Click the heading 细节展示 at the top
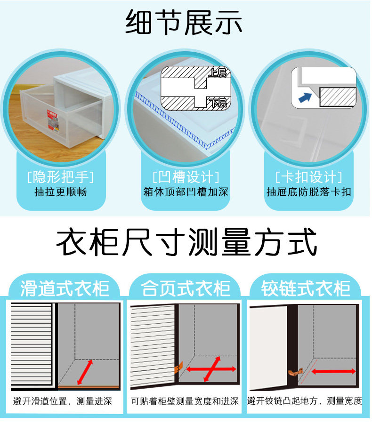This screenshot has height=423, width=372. coord(184,22)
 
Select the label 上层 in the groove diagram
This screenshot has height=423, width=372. coord(218,72)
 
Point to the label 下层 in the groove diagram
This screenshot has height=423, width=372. coord(218,103)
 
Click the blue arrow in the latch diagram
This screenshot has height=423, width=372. coord(305,97)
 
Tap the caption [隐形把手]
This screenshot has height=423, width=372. coord(61,177)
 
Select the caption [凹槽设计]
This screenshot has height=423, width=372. coord(186,177)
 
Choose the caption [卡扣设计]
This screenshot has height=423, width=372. coord(309,177)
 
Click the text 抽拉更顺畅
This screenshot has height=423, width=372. coord(61,192)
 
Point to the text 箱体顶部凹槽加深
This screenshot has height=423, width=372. coord(186,192)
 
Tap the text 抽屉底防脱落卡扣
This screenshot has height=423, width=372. coord(309,192)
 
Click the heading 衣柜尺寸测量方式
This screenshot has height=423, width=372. coord(186,242)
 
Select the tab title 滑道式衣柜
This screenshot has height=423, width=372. coord(65,288)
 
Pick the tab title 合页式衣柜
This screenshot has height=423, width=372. coord(186,288)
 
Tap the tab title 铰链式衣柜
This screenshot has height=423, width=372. coord(306,288)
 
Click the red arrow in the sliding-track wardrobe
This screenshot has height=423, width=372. coord(85,372)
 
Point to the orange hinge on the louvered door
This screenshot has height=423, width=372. coord(179,367)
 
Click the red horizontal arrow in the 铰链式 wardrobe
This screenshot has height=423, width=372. coord(334,372)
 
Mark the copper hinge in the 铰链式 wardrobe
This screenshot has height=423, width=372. coord(296,372)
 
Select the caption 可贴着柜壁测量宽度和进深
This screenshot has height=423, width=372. coord(185,401)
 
